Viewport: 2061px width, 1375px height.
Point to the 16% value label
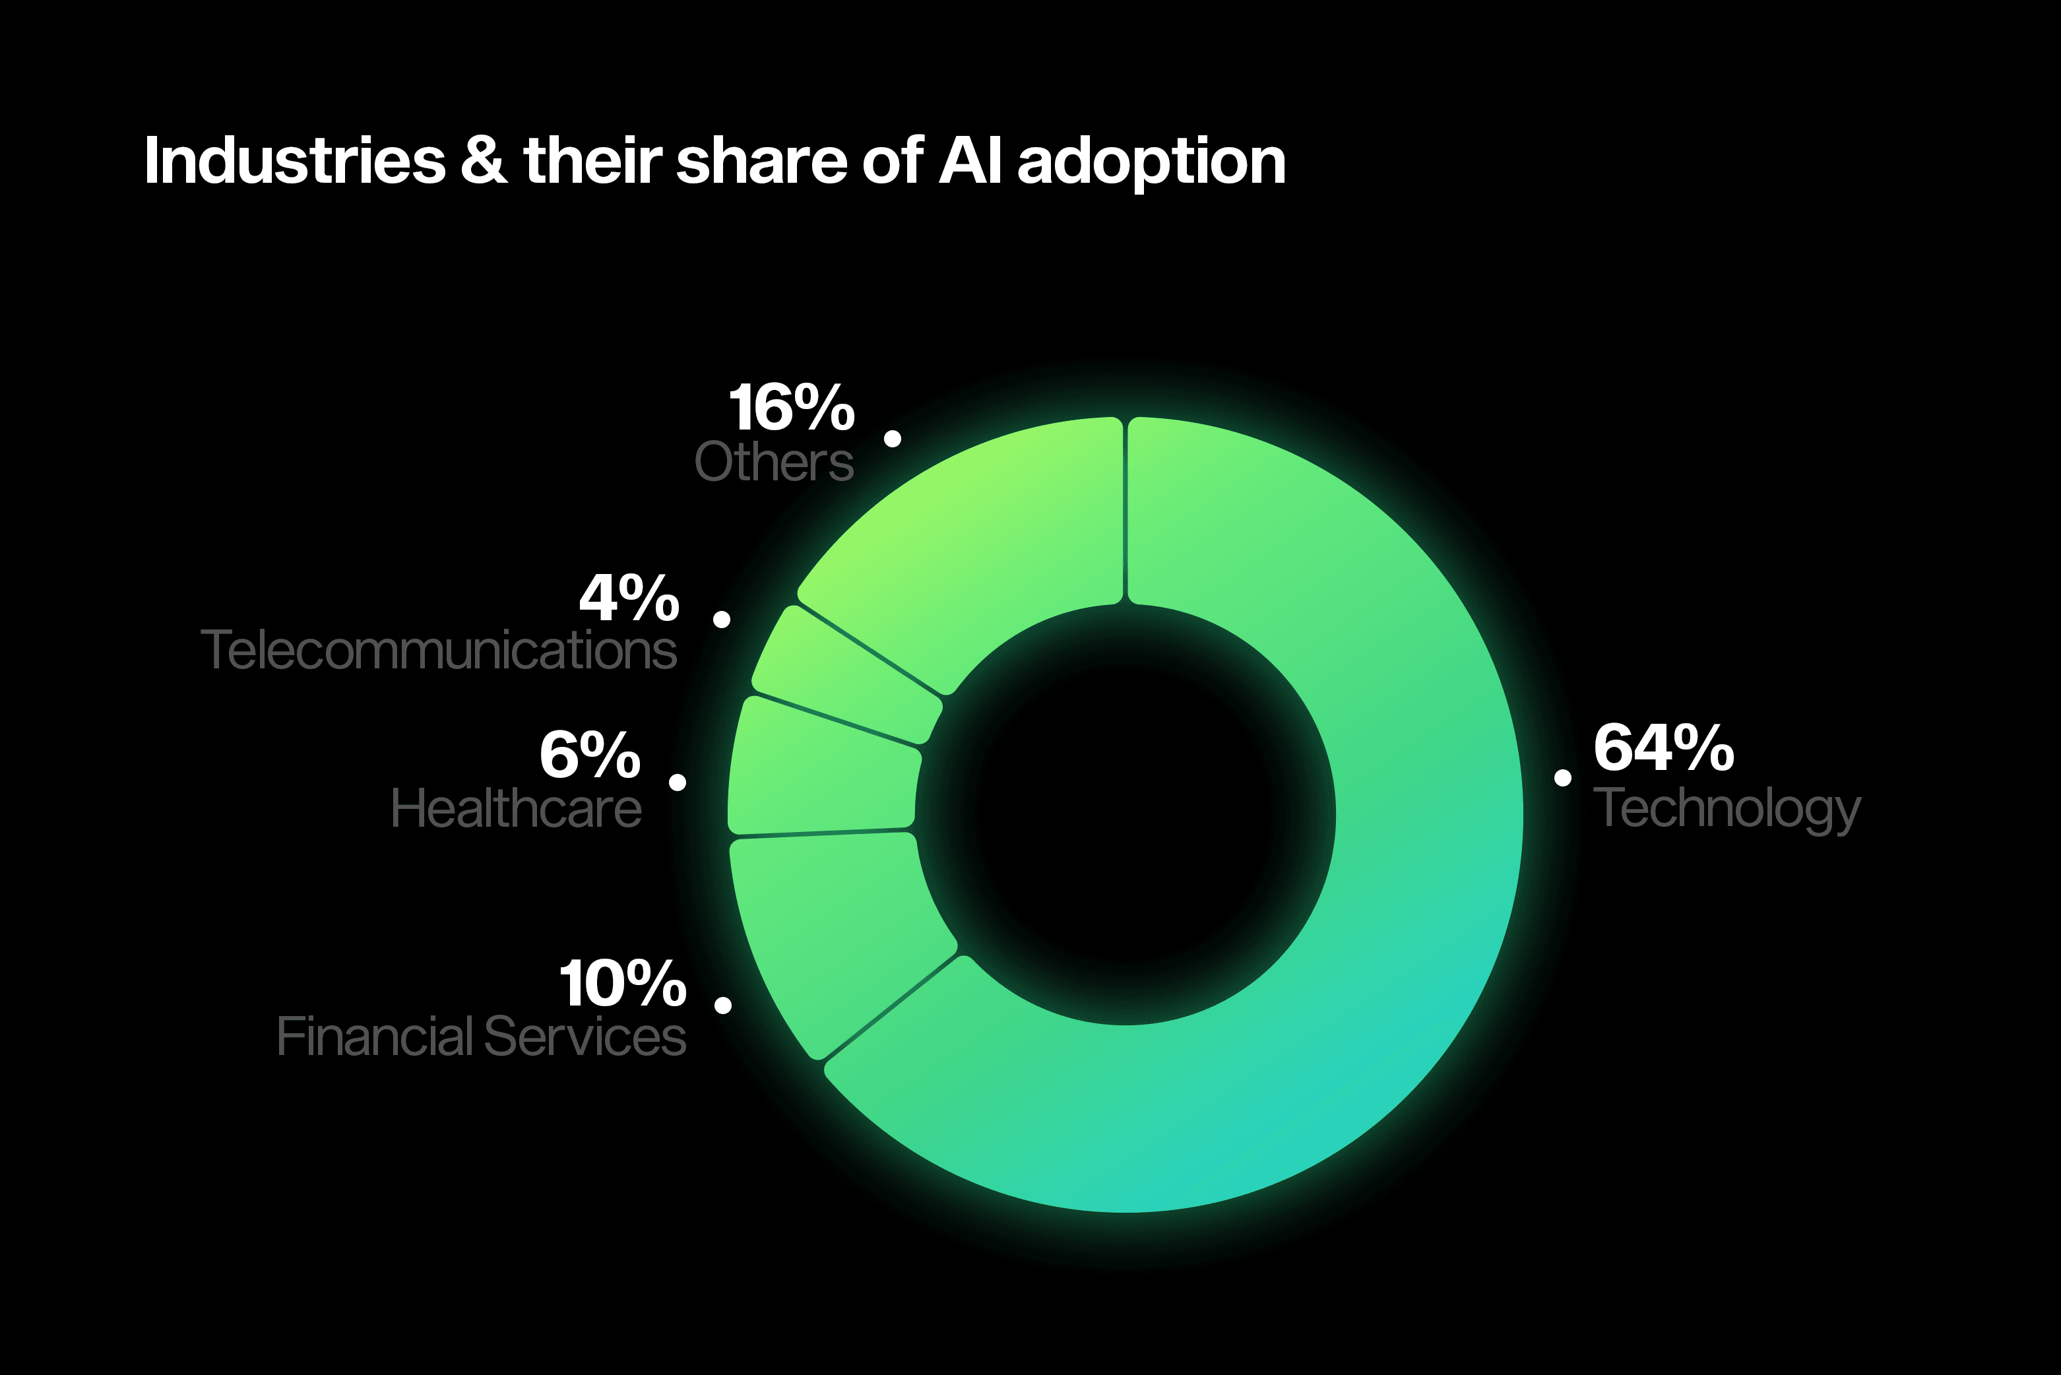coord(791,408)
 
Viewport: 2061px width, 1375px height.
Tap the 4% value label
coord(629,598)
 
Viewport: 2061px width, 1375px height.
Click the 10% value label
coord(622,984)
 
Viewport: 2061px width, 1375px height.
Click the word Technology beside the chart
coord(1725,808)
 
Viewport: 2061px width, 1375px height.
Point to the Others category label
coord(773,461)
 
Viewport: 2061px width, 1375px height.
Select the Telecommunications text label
coord(438,650)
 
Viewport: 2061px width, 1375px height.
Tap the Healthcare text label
coord(515,808)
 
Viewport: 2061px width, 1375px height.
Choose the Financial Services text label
coord(480,1037)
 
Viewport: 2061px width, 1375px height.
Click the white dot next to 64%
coord(1562,777)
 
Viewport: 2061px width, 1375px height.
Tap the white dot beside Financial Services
coord(723,1005)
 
